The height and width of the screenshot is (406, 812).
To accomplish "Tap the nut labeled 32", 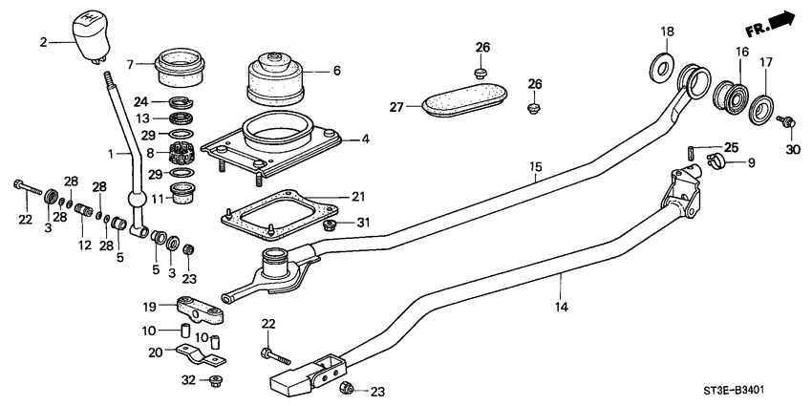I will pos(215,381).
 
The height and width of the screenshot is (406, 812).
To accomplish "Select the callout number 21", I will pos(358,197).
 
